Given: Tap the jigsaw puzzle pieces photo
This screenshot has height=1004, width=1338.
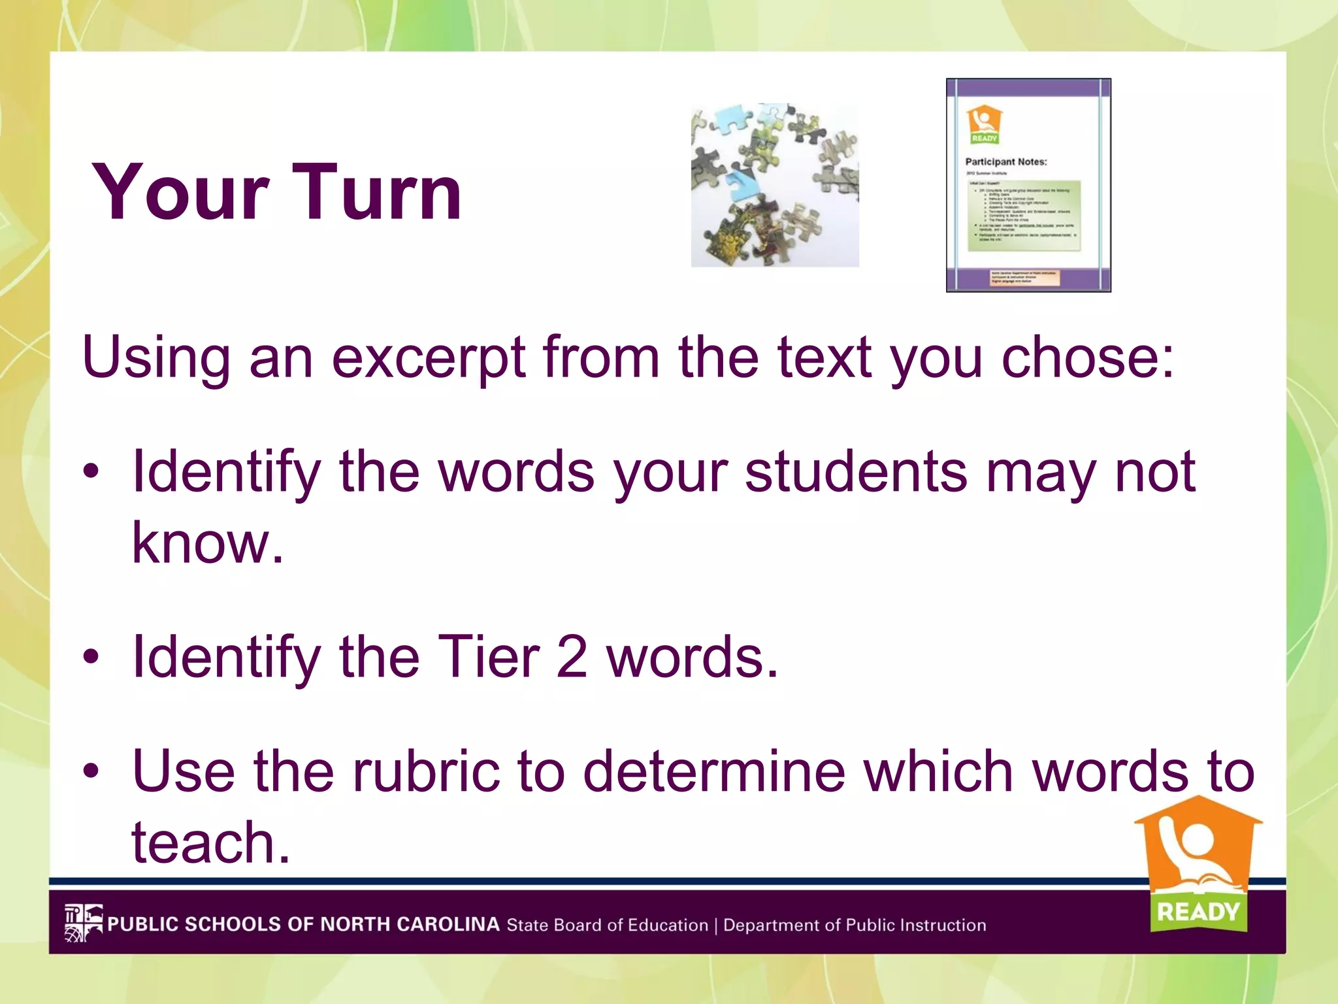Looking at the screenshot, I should pos(775,185).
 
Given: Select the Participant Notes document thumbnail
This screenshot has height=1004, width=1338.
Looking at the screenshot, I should pos(1028,185).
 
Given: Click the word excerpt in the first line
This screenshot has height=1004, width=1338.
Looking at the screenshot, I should pos(429,358).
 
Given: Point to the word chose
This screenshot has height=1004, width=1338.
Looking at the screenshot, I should pos(1088,358).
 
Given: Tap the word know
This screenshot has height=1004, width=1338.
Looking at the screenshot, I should pos(208,543).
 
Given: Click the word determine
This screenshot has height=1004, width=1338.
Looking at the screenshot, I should pos(714,771).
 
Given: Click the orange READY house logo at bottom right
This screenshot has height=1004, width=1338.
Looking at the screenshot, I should pos(1198,863).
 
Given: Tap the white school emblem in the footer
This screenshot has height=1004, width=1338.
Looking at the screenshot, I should pos(83,922).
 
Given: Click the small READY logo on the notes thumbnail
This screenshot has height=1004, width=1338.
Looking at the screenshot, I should pos(985,124).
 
